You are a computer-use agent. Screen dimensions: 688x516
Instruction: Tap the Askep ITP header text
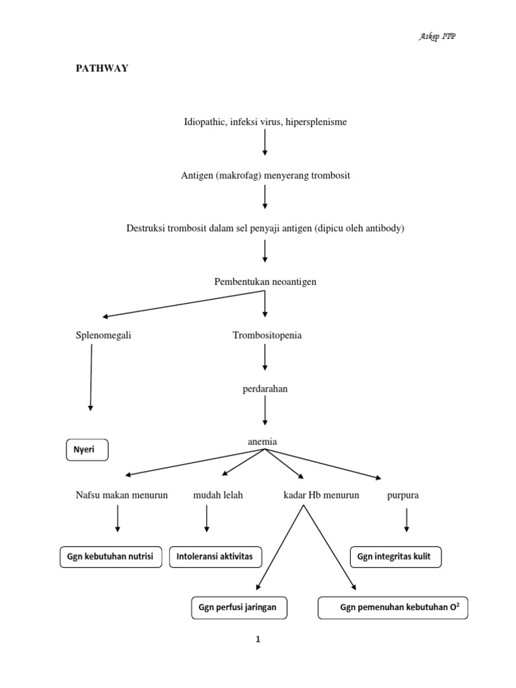tap(438, 36)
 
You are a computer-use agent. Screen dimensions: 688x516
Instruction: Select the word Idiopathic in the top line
tap(206, 122)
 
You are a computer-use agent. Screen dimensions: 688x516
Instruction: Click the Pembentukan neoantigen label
tap(265, 282)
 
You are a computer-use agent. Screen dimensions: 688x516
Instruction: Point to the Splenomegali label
tap(103, 335)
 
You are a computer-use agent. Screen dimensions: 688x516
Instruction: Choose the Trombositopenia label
tap(267, 335)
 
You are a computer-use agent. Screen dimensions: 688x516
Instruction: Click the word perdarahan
tap(265, 389)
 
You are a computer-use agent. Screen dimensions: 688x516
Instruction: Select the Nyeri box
tap(86, 451)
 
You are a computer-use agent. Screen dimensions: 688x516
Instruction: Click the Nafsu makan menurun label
tap(122, 495)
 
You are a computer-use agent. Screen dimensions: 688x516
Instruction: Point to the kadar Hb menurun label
tap(321, 495)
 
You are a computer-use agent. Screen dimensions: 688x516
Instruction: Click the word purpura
tap(403, 495)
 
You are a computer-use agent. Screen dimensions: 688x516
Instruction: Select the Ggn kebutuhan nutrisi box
tap(110, 557)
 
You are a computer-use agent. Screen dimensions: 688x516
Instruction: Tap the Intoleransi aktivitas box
tap(215, 557)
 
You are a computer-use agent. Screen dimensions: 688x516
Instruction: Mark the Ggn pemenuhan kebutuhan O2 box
tap(392, 608)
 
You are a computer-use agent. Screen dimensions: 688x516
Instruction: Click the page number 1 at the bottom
tap(257, 640)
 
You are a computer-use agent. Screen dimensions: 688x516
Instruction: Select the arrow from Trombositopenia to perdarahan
tap(265, 358)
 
